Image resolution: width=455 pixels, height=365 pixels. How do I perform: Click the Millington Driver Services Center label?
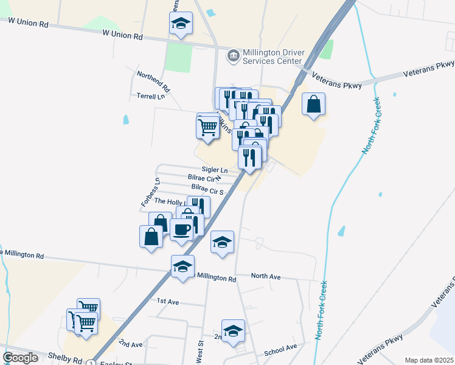click(x=273, y=57)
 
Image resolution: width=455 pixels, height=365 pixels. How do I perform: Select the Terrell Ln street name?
click(x=151, y=96)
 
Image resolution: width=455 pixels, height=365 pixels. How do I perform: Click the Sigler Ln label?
click(x=215, y=170)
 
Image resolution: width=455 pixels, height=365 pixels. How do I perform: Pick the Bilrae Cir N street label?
click(x=204, y=179)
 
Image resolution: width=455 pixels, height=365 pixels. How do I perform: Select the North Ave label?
click(x=266, y=277)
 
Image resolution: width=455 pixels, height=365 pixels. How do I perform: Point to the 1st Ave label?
click(x=168, y=301)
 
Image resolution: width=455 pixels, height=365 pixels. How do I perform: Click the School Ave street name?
click(x=280, y=350)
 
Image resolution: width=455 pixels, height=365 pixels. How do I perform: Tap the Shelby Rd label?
click(x=69, y=360)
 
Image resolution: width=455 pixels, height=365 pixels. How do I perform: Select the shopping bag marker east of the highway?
click(x=313, y=104)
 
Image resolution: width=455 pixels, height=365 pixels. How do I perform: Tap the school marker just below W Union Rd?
click(x=181, y=24)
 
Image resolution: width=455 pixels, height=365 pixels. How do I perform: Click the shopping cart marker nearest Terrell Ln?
click(x=207, y=127)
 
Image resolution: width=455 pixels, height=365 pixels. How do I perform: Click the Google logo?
click(x=20, y=358)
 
